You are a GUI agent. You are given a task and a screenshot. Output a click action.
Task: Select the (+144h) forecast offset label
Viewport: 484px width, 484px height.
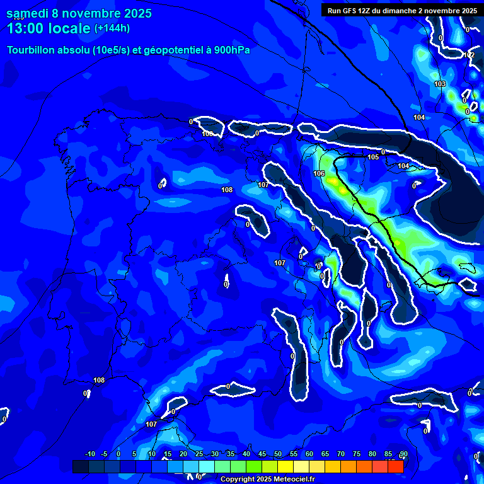coord(112,28)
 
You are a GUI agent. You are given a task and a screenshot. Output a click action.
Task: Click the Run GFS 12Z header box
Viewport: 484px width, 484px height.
coord(401,10)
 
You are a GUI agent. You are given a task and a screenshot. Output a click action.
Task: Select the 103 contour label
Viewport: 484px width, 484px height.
coord(440,84)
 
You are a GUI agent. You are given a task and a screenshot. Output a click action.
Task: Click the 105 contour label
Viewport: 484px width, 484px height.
coord(373,157)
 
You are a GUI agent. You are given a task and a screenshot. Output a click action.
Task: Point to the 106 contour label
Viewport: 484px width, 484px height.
coord(319,173)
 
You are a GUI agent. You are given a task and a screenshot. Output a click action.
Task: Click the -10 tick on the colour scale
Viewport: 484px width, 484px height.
coord(89,454)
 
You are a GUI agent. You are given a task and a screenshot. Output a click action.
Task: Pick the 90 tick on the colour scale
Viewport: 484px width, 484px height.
coord(403,454)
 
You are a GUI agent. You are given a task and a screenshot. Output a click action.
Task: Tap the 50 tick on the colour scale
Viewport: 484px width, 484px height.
coord(278,454)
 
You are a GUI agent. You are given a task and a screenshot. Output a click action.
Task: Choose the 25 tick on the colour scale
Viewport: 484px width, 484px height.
coord(199,454)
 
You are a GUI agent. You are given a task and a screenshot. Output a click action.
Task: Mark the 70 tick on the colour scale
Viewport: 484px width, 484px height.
coord(341,454)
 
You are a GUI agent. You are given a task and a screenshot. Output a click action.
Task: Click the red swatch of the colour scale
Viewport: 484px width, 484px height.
coord(395,466)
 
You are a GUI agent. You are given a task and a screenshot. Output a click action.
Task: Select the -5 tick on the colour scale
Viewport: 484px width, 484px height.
coord(104,454)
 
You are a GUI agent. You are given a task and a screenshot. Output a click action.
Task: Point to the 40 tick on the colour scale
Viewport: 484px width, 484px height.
coord(246,454)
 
